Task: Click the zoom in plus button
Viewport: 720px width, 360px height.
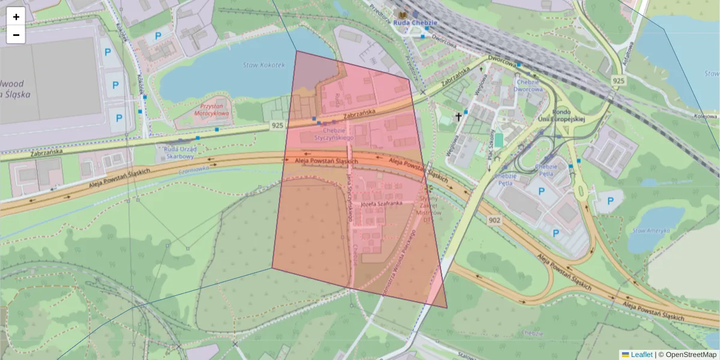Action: (16, 17)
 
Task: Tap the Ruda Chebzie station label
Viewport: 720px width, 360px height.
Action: (416, 23)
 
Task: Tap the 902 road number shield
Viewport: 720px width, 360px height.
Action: (494, 220)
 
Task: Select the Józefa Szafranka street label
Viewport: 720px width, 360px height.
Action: (380, 204)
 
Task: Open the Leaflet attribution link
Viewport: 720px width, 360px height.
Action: (641, 355)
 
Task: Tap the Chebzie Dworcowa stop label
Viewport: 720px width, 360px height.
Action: (529, 85)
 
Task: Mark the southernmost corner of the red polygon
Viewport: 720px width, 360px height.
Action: (447, 308)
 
